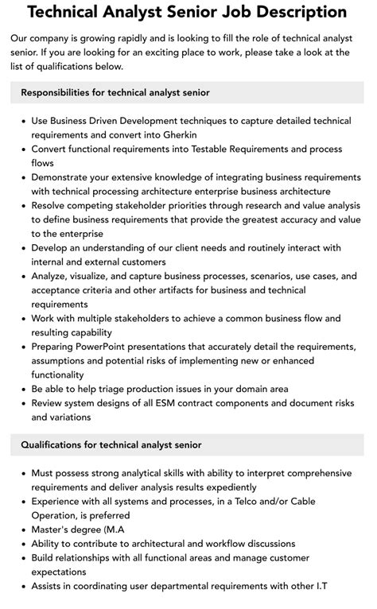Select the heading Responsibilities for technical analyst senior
tap(115, 92)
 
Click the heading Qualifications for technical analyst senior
tap(111, 445)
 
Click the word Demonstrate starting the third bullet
tap(66, 176)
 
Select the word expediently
tap(225, 487)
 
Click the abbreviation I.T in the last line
tap(321, 587)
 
